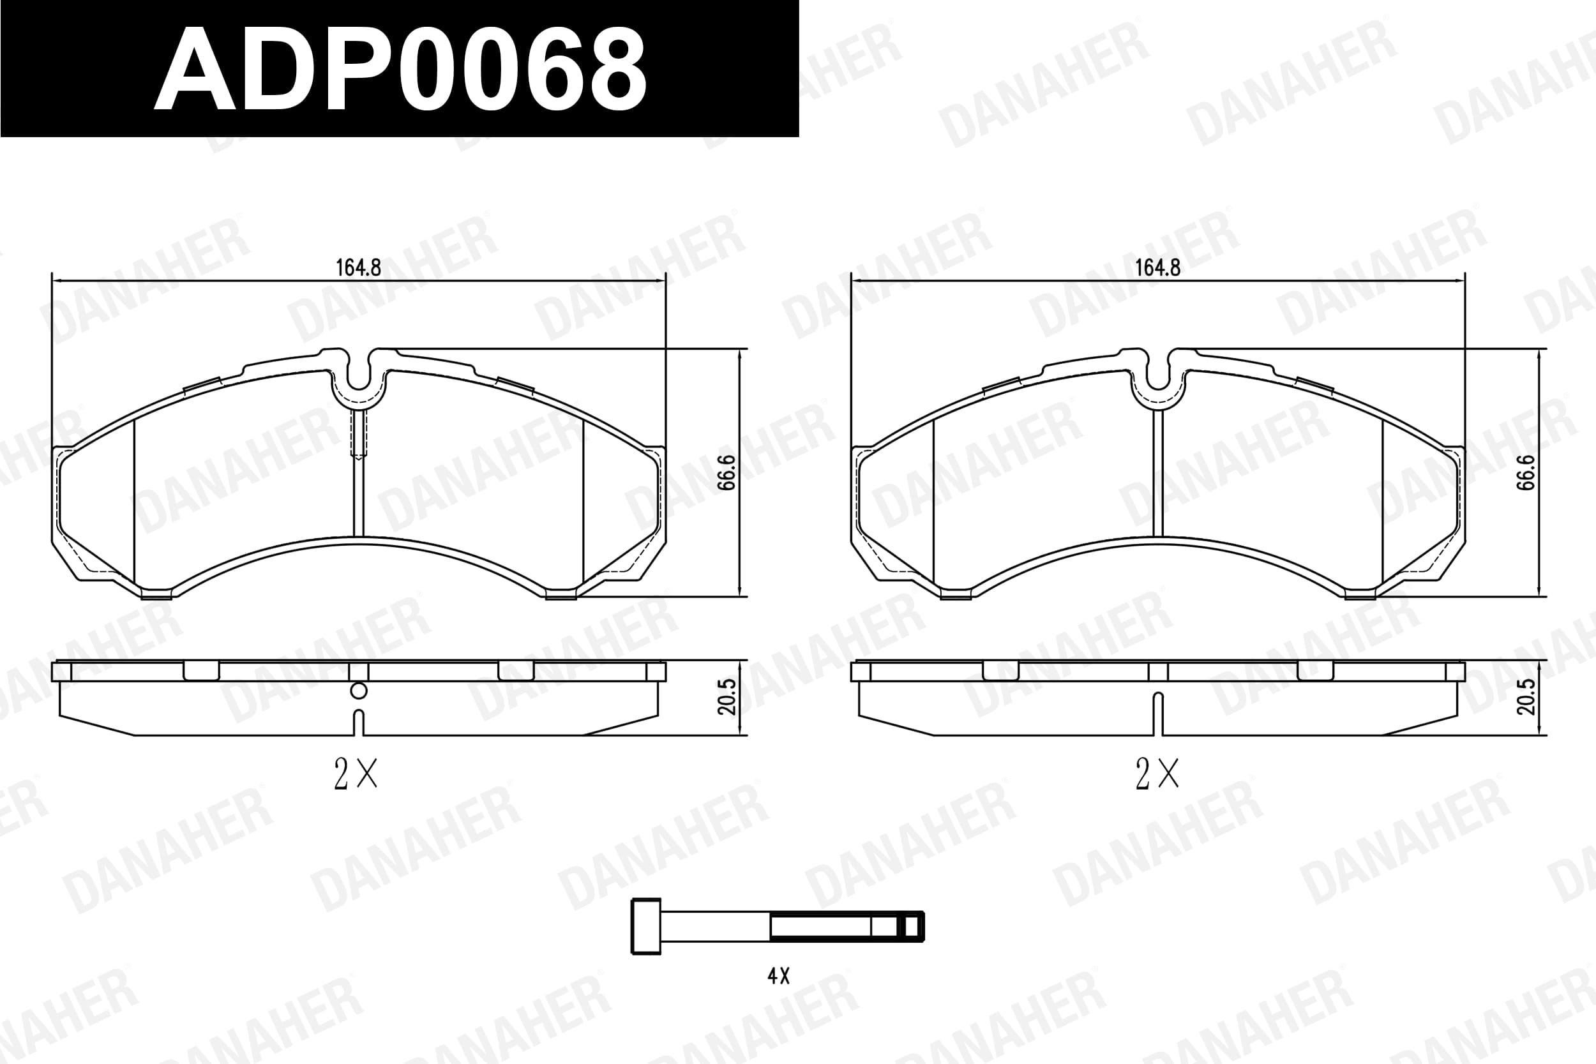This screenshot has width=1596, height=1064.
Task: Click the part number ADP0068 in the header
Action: (x=400, y=68)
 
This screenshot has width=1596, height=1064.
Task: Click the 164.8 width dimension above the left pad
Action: (x=358, y=268)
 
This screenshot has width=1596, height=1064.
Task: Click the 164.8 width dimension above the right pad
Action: (x=1157, y=268)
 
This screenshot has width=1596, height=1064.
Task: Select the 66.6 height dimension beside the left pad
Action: (x=726, y=472)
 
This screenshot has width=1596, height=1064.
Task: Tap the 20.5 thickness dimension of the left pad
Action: (x=726, y=697)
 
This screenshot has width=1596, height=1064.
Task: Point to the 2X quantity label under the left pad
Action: (x=356, y=774)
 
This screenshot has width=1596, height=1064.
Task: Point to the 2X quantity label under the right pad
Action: (x=1157, y=774)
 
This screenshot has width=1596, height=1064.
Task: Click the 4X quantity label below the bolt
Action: (x=778, y=976)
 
